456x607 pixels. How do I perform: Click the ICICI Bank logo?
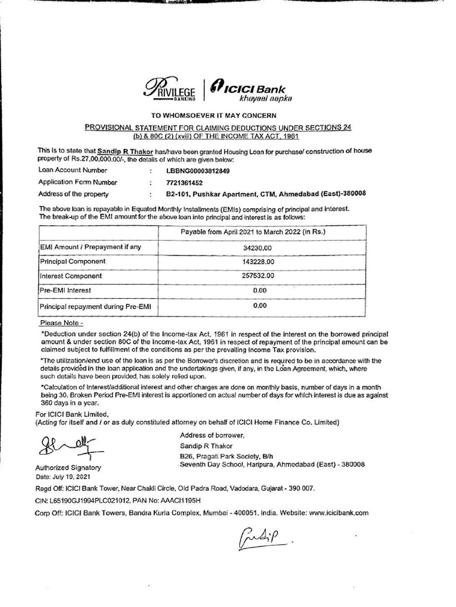click(249, 91)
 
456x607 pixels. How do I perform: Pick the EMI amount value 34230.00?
click(256, 247)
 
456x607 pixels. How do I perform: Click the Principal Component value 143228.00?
click(258, 261)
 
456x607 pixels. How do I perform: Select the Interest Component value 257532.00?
click(258, 276)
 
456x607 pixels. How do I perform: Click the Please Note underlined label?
click(61, 324)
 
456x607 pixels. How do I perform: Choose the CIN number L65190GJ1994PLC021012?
click(89, 501)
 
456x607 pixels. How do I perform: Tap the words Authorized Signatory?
click(69, 468)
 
